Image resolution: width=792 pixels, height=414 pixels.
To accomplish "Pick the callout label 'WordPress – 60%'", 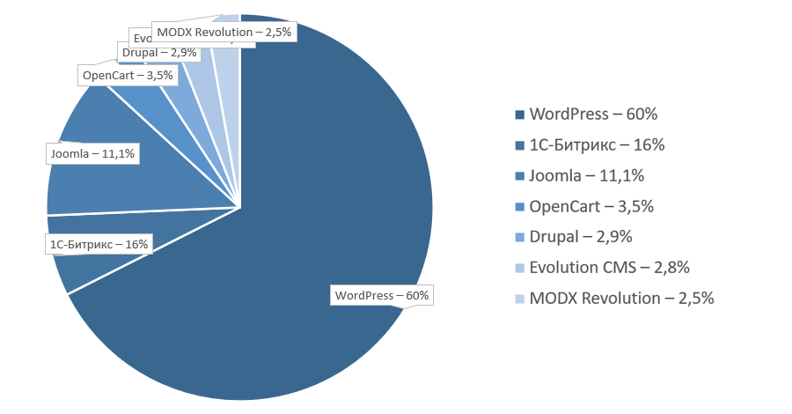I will (381, 295).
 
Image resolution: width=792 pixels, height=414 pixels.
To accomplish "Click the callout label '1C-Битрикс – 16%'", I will (99, 244).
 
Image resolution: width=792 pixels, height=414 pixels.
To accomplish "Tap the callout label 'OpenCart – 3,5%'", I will (128, 76).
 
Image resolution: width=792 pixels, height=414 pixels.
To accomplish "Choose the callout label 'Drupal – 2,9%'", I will (160, 53).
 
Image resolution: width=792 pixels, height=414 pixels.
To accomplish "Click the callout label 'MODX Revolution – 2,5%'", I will (224, 33).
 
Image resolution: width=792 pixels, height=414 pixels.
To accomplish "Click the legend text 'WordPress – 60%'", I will (593, 115).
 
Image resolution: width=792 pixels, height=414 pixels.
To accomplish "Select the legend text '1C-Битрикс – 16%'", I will (597, 144).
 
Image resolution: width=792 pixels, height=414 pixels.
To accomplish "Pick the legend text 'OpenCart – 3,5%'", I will (591, 206).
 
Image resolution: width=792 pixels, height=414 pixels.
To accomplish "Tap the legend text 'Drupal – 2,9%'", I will (581, 236).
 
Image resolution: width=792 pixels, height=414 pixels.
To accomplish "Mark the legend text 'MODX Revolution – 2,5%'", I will (621, 298).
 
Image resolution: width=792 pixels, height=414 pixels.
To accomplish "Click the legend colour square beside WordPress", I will (520, 115).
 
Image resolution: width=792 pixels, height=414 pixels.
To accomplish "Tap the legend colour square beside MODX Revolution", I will (520, 298).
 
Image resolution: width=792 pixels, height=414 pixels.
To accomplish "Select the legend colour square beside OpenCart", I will (520, 206).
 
